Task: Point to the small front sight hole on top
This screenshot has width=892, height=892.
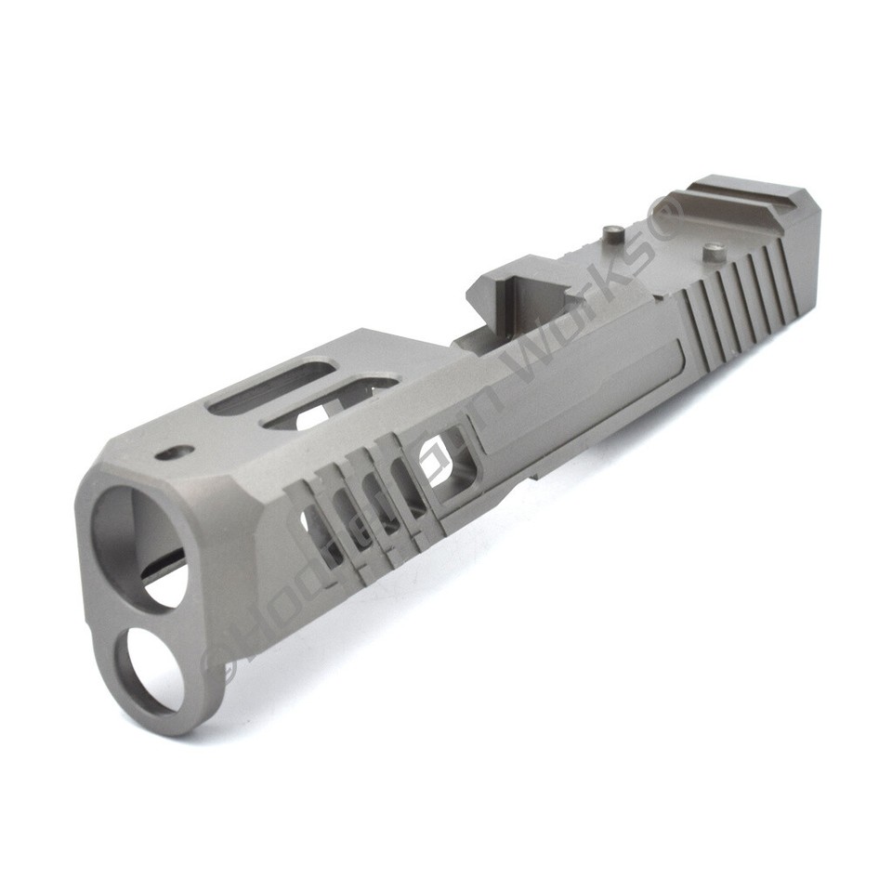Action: point(175,453)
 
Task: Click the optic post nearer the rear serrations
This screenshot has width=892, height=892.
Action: point(713,250)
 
